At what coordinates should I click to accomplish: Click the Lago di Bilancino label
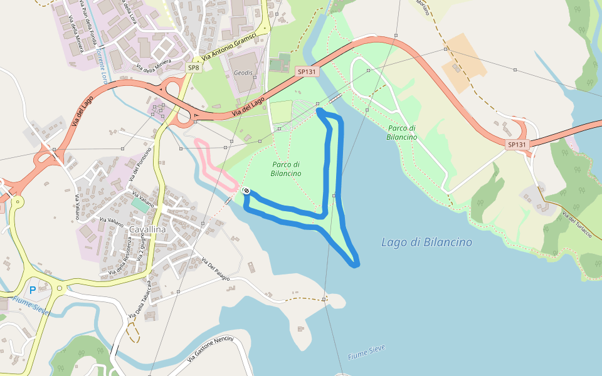click(426, 242)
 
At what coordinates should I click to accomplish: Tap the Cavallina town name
click(147, 230)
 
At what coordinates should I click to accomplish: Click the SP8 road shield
click(194, 68)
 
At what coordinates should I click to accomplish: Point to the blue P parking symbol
click(33, 291)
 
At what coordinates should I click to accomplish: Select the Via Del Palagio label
click(215, 269)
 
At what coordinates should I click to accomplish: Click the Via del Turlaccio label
click(577, 226)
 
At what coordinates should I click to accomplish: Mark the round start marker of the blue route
click(247, 191)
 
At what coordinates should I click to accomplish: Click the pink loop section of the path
click(207, 160)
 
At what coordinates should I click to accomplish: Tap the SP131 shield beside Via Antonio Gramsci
click(307, 72)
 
